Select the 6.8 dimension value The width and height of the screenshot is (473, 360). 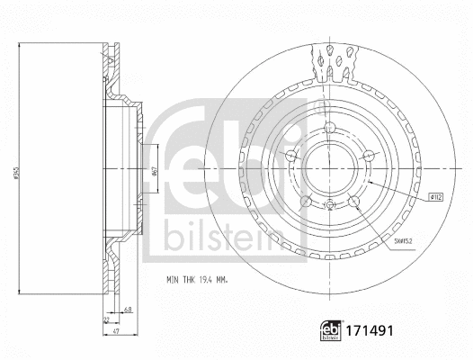coord(129,310)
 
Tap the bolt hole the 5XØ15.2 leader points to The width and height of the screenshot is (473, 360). coord(354,202)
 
